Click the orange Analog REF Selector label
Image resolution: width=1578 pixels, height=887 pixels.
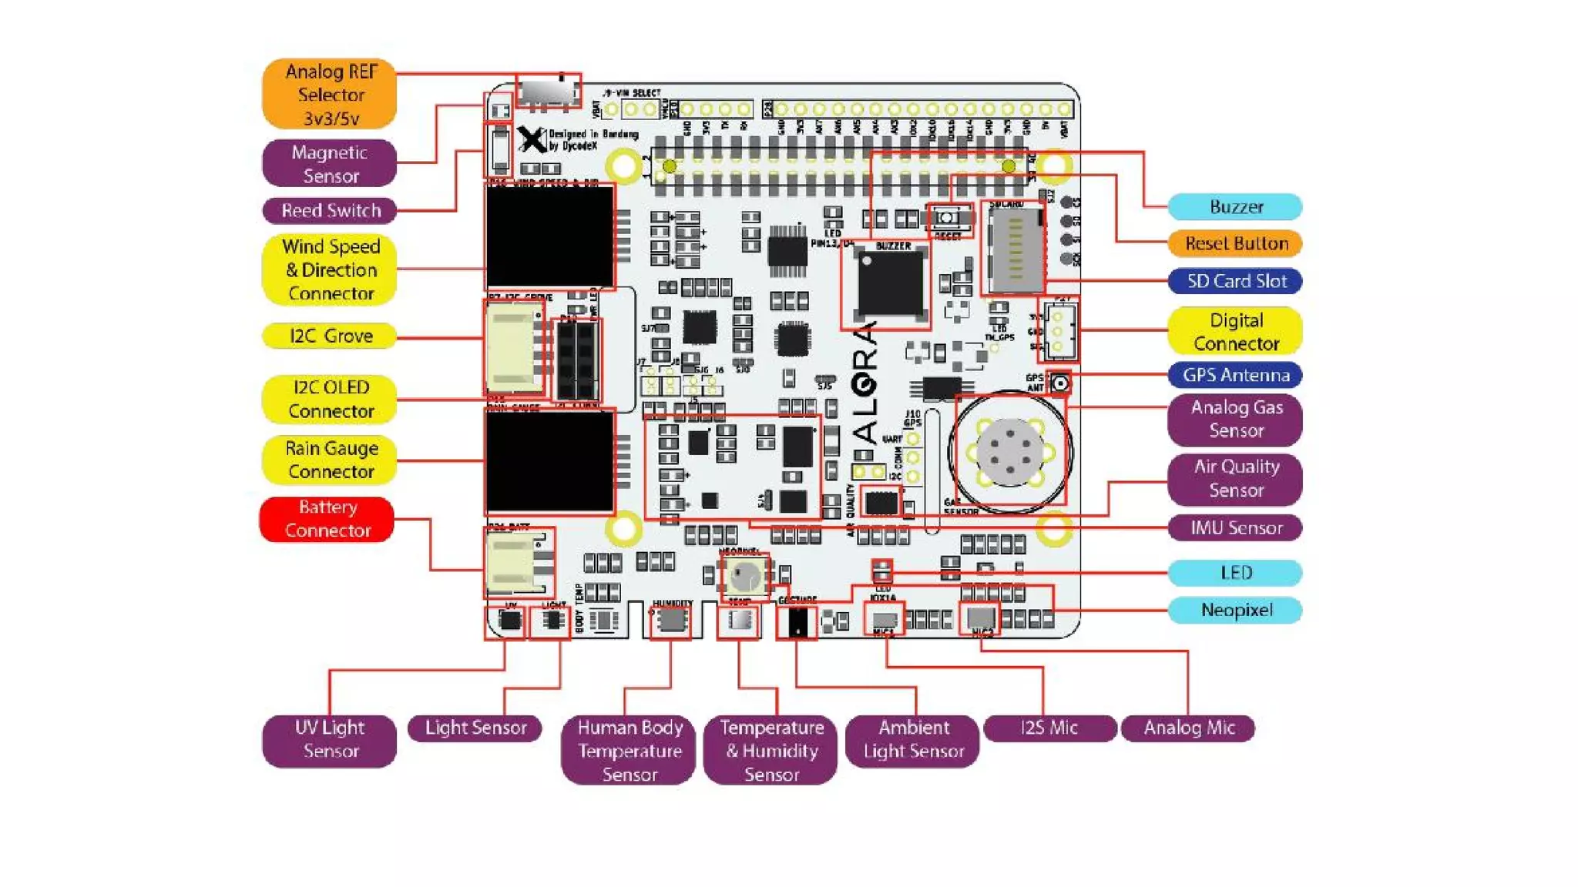[330, 94]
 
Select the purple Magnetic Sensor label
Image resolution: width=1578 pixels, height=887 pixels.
[330, 163]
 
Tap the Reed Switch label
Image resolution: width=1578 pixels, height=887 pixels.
[330, 210]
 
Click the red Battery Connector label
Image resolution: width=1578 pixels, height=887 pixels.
[327, 519]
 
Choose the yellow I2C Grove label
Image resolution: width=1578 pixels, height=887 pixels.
[330, 336]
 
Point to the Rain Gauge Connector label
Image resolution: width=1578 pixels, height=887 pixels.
[330, 460]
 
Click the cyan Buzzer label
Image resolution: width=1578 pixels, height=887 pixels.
[1235, 206]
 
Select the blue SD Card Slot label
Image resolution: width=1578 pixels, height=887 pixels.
[1235, 281]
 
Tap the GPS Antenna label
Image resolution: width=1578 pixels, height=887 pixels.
[1235, 375]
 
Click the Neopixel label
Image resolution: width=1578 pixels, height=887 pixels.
[1235, 610]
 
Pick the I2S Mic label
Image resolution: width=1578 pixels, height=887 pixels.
[1049, 728]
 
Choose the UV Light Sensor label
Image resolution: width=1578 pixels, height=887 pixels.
[330, 739]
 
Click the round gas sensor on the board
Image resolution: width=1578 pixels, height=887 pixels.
[1009, 452]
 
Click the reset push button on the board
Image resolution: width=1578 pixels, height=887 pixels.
[947, 218]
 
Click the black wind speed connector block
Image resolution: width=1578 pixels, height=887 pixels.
[550, 237]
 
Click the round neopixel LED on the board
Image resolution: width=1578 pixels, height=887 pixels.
[745, 575]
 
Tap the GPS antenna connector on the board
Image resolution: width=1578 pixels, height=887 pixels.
[1060, 383]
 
